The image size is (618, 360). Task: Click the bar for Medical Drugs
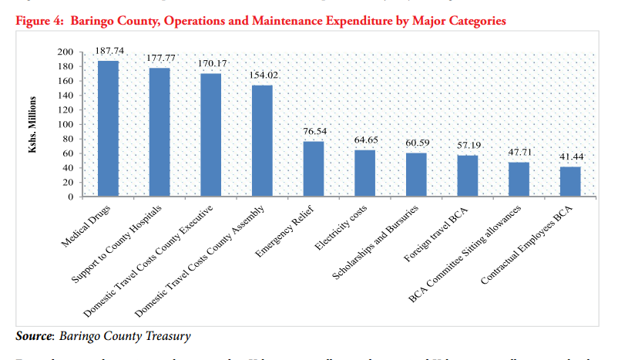(108, 129)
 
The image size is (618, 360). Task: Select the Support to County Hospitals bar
(160, 133)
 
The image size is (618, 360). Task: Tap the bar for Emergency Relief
(314, 169)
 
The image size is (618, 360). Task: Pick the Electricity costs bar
(365, 173)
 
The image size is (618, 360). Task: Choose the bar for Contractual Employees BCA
(570, 182)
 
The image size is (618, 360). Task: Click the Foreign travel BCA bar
(468, 176)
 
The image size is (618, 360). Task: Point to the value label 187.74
(109, 51)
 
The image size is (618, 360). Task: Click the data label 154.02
(263, 75)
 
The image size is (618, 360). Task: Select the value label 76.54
(314, 132)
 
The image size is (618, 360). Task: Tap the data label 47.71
(518, 153)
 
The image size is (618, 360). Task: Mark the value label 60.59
(417, 143)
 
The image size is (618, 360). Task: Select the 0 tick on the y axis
(70, 197)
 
